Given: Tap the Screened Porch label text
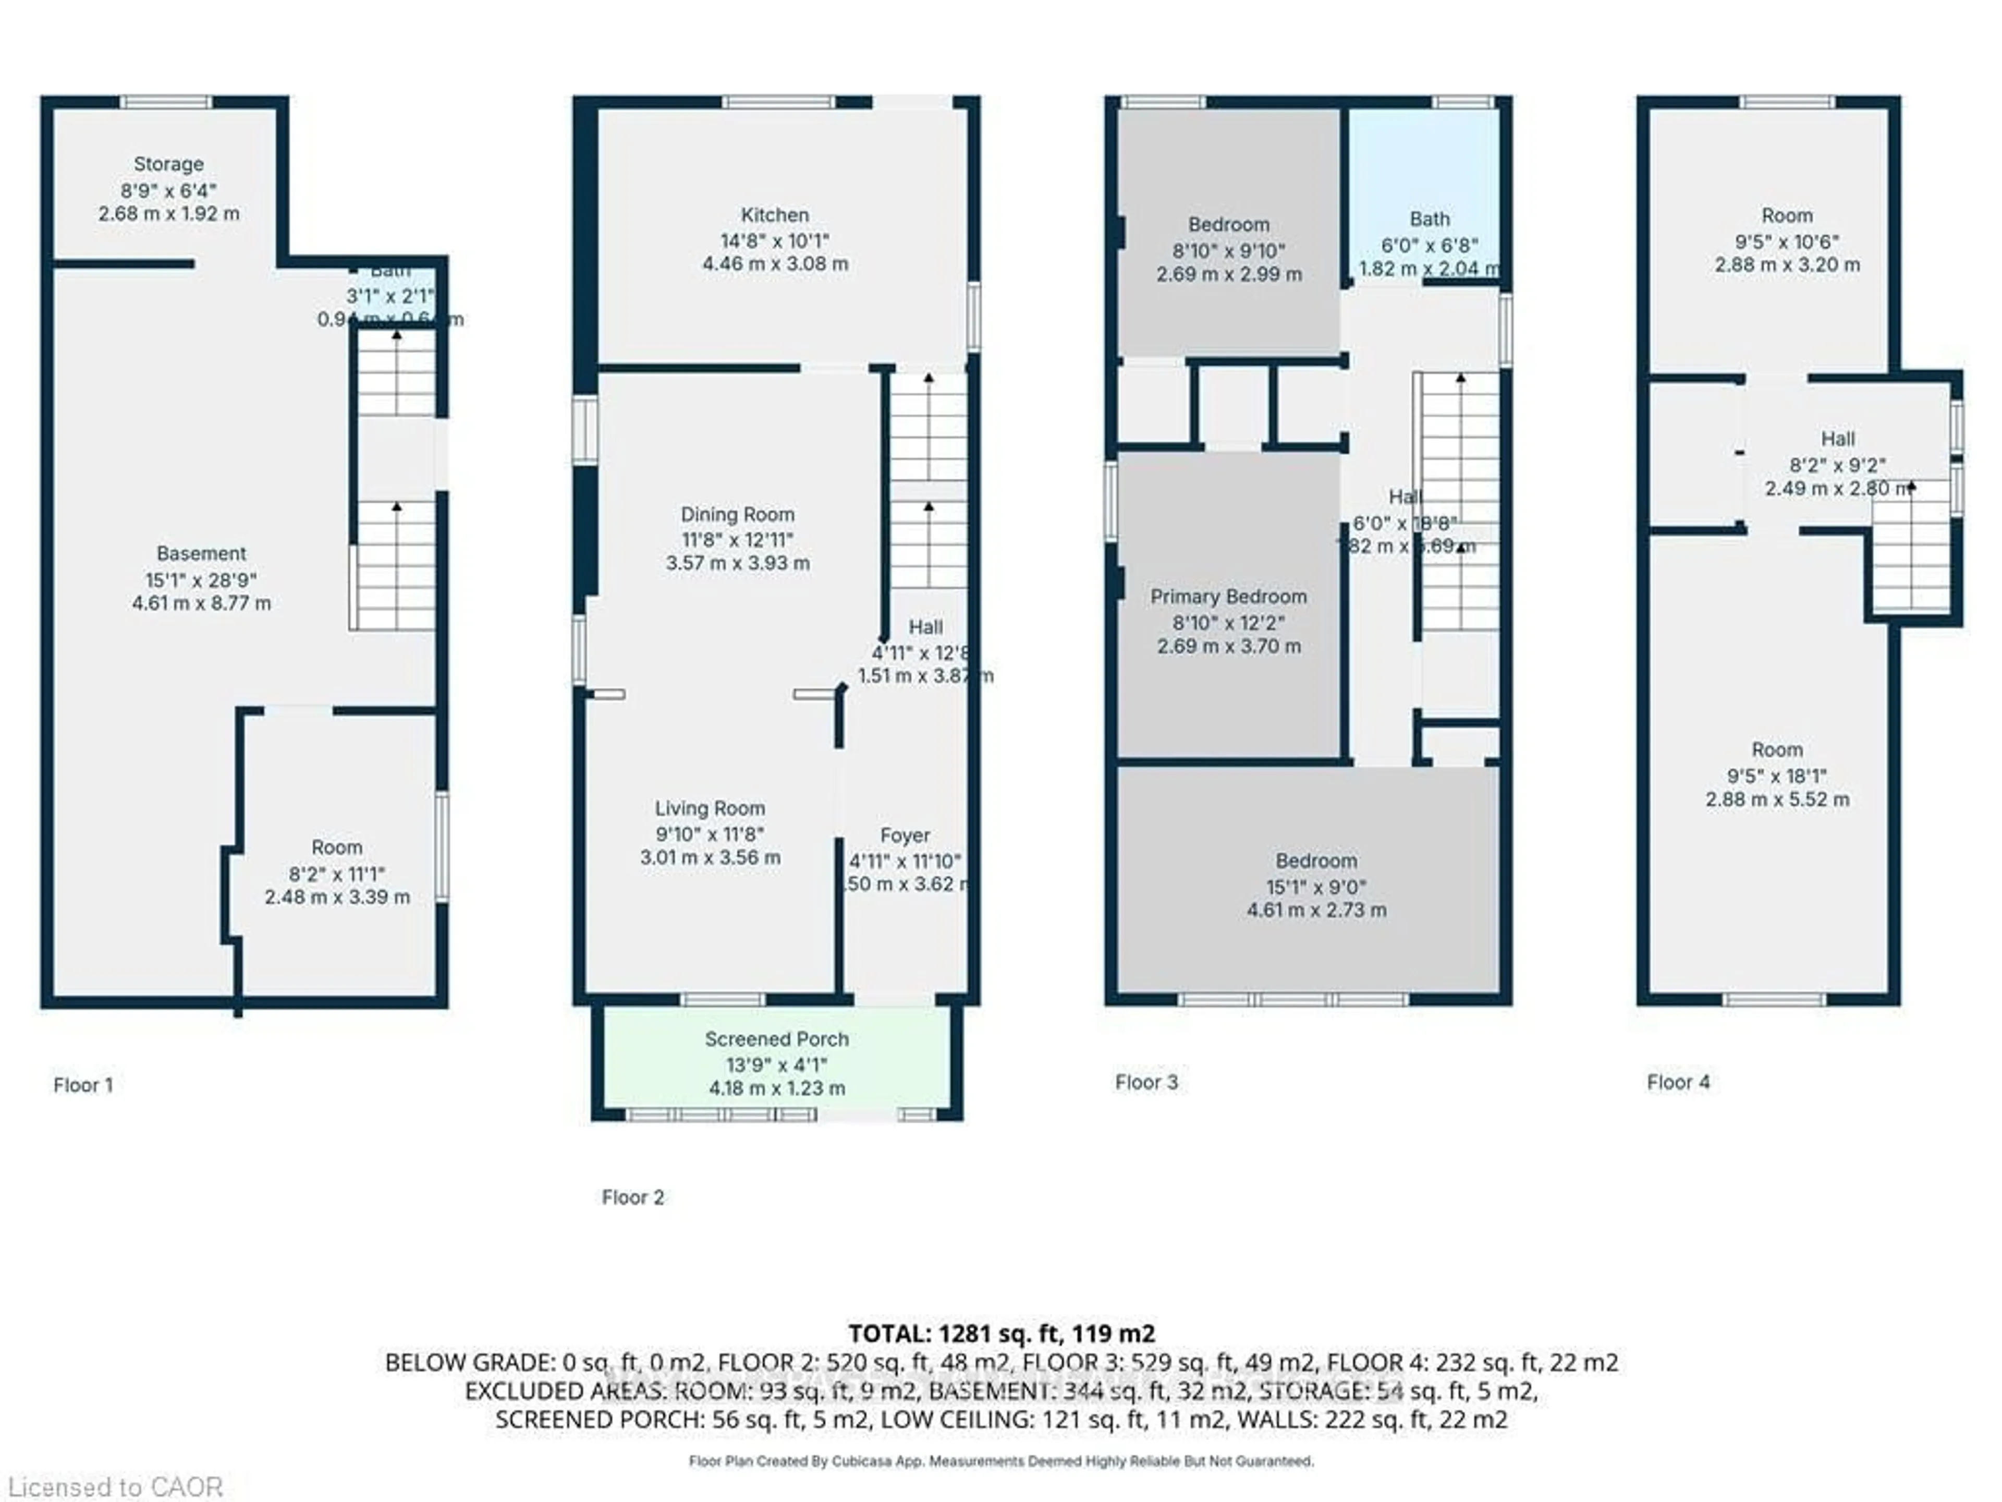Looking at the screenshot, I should pyautogui.click(x=776, y=1039).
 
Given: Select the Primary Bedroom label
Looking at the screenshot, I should pyautogui.click(x=1228, y=597).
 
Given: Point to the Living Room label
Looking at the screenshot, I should pyautogui.click(x=710, y=808).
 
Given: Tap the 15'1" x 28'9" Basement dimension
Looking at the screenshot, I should pyautogui.click(x=201, y=579).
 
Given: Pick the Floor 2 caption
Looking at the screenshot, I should pyautogui.click(x=632, y=1197).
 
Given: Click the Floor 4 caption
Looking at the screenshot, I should pyautogui.click(x=1678, y=1082).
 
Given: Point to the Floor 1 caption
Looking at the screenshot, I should pyautogui.click(x=83, y=1085).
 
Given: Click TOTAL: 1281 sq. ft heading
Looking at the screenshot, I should pyautogui.click(x=1001, y=1333).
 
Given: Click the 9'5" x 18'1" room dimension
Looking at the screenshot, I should pyautogui.click(x=1777, y=776).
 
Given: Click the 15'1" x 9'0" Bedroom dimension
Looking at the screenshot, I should pyautogui.click(x=1316, y=887).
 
